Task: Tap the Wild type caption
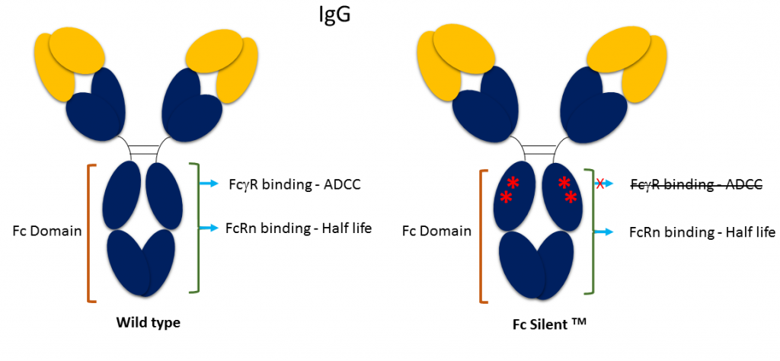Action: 148,323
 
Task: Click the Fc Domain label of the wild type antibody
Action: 47,230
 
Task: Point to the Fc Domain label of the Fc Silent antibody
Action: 436,231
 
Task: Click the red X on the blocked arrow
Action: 601,184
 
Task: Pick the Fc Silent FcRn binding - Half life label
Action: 702,232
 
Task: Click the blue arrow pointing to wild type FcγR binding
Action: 209,184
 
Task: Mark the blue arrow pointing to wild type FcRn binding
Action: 209,227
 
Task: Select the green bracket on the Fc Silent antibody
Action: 589,232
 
